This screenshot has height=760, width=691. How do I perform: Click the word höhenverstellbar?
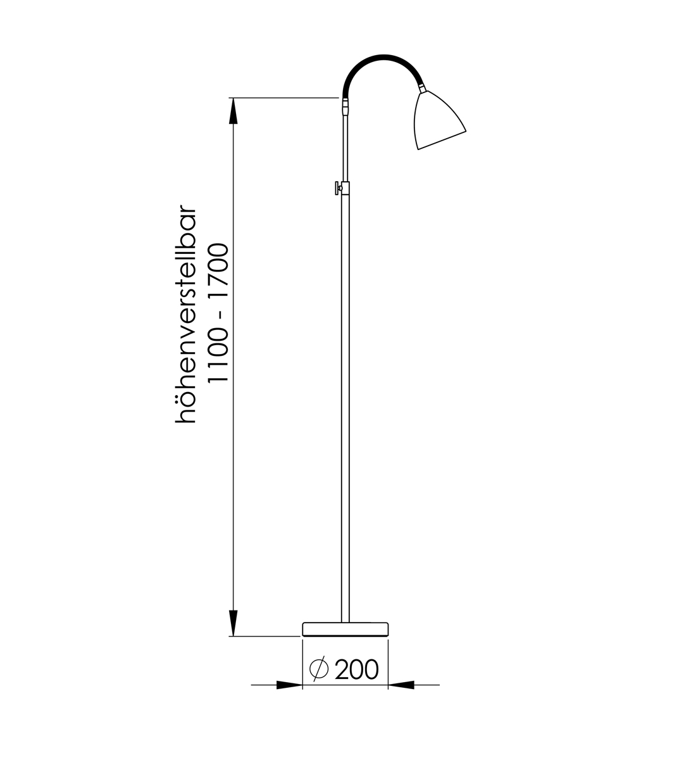click(188, 313)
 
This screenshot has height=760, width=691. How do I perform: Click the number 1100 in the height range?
click(218, 355)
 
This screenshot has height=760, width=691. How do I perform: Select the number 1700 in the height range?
click(218, 269)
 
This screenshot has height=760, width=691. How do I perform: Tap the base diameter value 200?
click(356, 669)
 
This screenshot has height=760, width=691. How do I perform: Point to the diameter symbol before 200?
click(319, 669)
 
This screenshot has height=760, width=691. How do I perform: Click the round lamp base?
click(345, 629)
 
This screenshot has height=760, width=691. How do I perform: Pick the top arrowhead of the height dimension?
click(233, 110)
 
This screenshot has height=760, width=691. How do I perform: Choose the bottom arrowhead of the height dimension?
click(233, 623)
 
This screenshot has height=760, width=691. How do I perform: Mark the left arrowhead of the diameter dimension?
click(290, 685)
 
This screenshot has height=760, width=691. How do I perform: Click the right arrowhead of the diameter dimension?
click(401, 685)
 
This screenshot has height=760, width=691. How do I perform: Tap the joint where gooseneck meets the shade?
click(422, 88)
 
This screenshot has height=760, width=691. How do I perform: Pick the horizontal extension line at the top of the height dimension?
click(285, 98)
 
